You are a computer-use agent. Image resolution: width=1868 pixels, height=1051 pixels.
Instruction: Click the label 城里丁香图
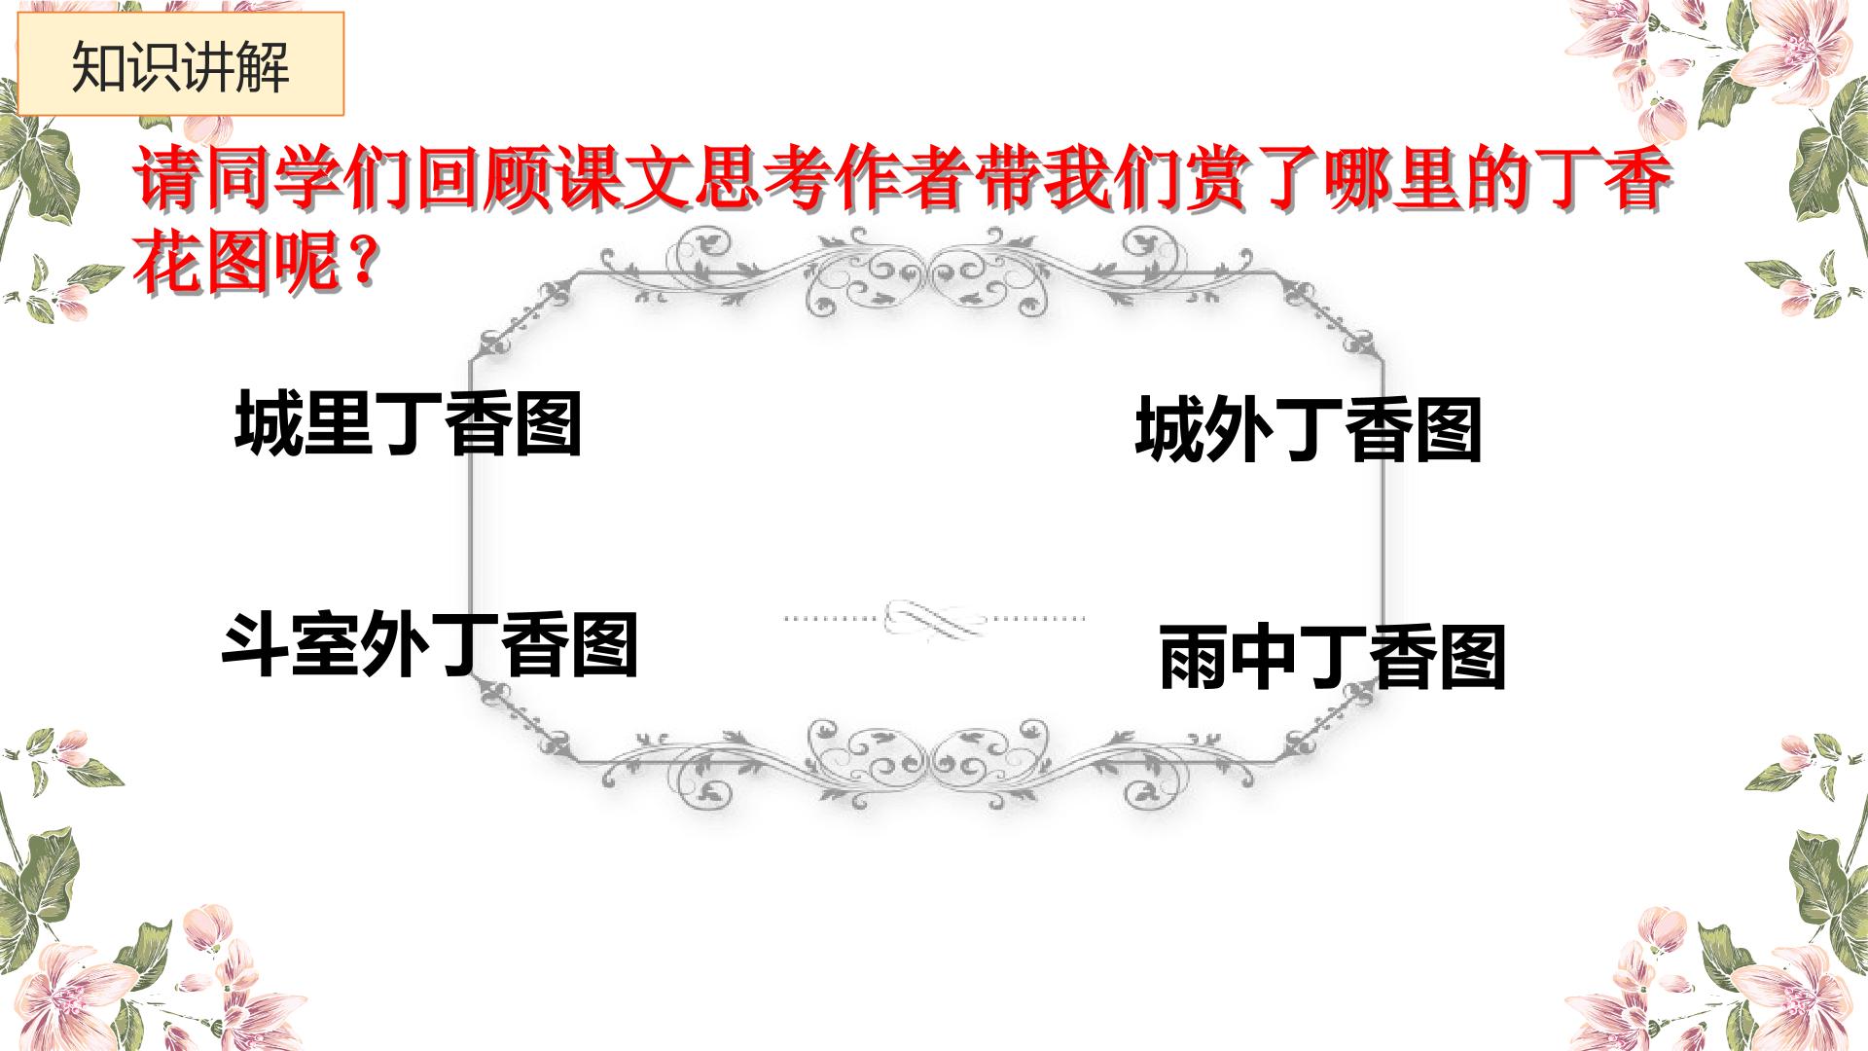(409, 424)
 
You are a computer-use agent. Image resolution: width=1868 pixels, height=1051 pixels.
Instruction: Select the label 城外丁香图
(1309, 429)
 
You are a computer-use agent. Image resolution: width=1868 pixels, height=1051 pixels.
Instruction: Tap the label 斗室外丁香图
(430, 644)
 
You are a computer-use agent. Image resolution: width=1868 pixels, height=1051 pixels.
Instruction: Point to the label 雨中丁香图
(1333, 658)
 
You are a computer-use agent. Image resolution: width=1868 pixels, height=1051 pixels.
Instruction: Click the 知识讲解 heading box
(181, 64)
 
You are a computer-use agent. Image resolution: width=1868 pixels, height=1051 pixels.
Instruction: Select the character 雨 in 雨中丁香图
(1194, 658)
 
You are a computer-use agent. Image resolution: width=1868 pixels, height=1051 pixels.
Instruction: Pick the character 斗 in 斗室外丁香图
(257, 644)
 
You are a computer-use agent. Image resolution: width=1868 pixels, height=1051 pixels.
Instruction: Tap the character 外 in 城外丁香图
(1239, 429)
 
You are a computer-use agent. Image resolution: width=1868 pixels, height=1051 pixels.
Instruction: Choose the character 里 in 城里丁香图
(339, 424)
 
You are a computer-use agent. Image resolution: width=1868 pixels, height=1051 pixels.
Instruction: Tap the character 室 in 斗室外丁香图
(326, 644)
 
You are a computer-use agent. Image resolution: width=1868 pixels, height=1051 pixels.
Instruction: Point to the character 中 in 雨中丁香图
(1264, 658)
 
